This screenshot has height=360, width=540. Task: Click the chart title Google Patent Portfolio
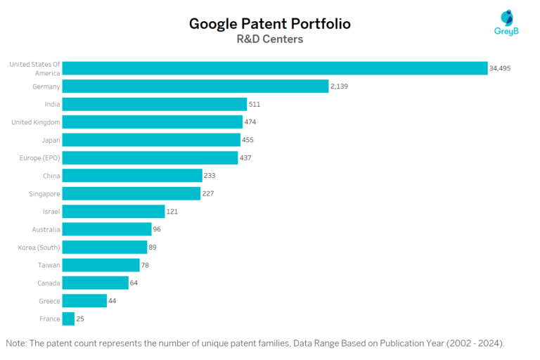pyautogui.click(x=269, y=24)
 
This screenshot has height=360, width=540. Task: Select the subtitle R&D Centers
pyautogui.click(x=269, y=39)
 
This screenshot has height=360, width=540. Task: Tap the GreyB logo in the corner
pyautogui.click(x=506, y=22)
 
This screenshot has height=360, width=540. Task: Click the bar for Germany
pyautogui.click(x=195, y=86)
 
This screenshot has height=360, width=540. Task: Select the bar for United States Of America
pyautogui.click(x=274, y=68)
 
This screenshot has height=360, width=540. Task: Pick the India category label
pyautogui.click(x=51, y=104)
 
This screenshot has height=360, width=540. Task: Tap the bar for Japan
pyautogui.click(x=150, y=140)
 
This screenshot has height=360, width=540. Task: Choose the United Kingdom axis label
pyautogui.click(x=36, y=122)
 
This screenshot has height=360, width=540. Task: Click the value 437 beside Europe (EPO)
pyautogui.click(x=245, y=157)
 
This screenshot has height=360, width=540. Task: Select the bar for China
pyautogui.click(x=131, y=176)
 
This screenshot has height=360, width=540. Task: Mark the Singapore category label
pyautogui.click(x=44, y=193)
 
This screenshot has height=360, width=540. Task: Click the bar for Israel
pyautogui.click(x=113, y=212)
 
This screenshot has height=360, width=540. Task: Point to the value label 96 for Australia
pyautogui.click(x=158, y=229)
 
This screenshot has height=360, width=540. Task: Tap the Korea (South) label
pyautogui.click(x=39, y=247)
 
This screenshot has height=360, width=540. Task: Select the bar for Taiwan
pyautogui.click(x=101, y=265)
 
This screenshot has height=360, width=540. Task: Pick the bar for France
pyautogui.click(x=68, y=319)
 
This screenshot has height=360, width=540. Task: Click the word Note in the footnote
pyautogui.click(x=17, y=344)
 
